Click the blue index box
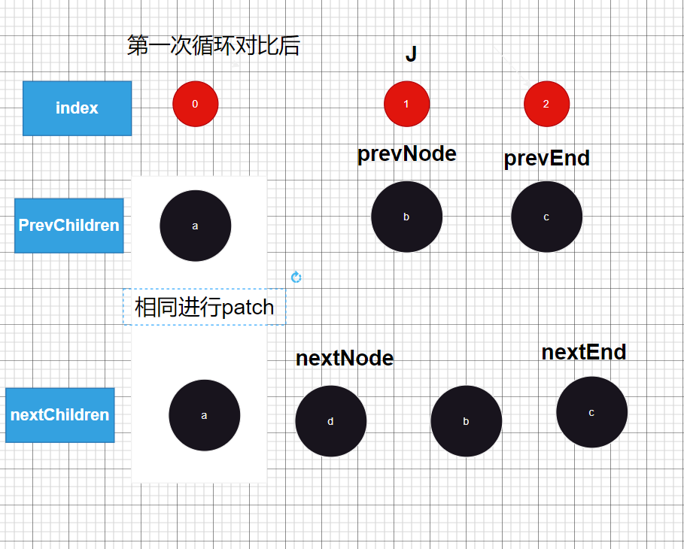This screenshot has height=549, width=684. (77, 108)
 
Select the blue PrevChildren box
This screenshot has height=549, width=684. (68, 226)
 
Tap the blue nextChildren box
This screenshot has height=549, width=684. (59, 415)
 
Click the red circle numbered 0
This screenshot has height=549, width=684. (196, 104)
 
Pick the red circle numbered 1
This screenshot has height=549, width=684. (406, 104)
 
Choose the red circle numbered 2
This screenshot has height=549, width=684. (546, 104)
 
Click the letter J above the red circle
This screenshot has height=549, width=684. (411, 54)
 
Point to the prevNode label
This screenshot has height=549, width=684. (406, 154)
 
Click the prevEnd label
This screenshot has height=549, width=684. (546, 159)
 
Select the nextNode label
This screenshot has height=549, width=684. (345, 358)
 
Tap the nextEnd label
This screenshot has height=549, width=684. (583, 352)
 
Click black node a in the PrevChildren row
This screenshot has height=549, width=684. (196, 226)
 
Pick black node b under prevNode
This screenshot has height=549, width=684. (406, 217)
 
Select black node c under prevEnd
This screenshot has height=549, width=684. (546, 217)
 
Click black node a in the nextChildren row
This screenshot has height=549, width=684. (204, 415)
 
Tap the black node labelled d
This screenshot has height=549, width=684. (330, 421)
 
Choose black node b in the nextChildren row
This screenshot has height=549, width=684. (466, 421)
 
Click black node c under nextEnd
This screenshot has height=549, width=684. (591, 412)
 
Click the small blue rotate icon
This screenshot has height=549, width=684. (296, 278)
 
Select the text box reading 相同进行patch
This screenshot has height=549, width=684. (204, 307)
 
